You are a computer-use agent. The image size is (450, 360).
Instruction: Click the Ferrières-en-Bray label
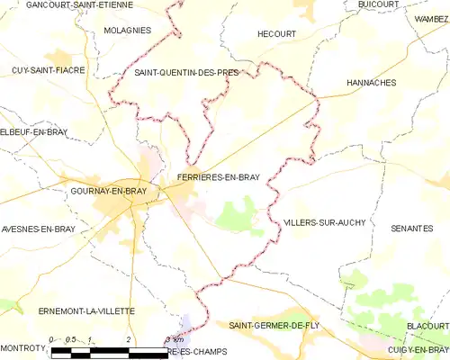coord(219,177)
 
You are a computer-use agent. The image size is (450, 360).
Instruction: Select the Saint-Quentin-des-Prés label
coord(181,72)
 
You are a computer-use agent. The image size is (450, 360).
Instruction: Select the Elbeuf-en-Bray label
coord(34,132)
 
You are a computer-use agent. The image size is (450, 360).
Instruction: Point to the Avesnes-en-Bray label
coord(38,229)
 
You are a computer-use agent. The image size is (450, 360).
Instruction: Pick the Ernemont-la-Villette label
coord(86,310)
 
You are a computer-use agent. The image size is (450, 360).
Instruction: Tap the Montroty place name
coord(23,347)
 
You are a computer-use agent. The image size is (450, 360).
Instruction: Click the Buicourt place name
coord(377,4)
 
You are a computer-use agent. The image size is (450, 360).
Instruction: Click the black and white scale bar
coord(109,351)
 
